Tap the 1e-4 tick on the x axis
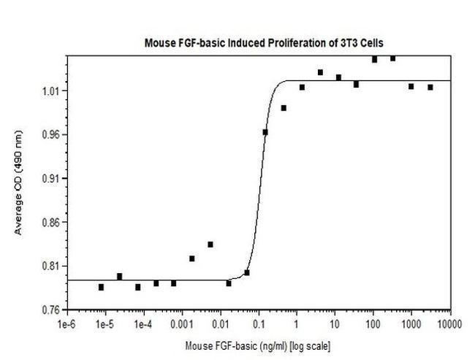tap(143, 322)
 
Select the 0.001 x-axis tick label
tap(181, 322)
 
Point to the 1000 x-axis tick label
tap(411, 322)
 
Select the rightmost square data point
tap(430, 87)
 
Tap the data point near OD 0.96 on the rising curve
tap(265, 132)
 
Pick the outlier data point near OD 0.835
tap(210, 245)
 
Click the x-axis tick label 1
tap(297, 322)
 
